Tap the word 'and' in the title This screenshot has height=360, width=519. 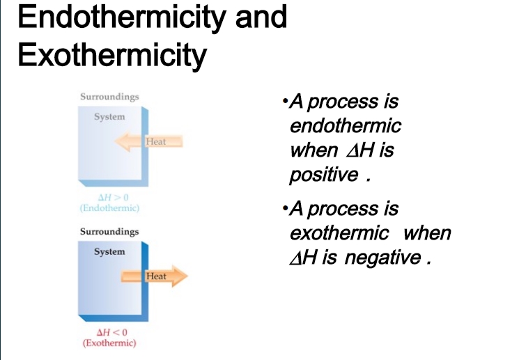tap(261, 17)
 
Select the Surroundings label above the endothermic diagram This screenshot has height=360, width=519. tap(109, 97)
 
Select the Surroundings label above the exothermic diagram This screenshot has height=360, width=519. tap(109, 232)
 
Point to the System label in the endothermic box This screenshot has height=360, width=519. tap(109, 117)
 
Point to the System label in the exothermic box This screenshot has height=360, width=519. tap(109, 251)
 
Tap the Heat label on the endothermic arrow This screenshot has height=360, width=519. tap(156, 141)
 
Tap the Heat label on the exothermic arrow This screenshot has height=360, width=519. tap(156, 276)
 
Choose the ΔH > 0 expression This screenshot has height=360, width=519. tap(113, 198)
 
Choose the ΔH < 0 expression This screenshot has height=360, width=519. tap(112, 332)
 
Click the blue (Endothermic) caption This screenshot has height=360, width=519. tap(109, 208)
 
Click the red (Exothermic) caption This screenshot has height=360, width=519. tap(109, 343)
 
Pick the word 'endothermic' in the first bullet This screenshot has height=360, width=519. tap(346, 126)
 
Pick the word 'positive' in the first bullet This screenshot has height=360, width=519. tap(324, 175)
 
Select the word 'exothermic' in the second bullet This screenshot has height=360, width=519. tap(339, 233)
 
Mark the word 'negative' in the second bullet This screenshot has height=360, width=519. tap(382, 258)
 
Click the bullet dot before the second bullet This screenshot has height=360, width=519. tap(285, 208)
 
